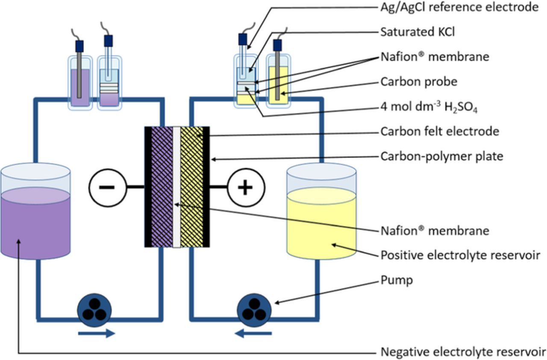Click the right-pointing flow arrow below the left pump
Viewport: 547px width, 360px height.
pos(97,333)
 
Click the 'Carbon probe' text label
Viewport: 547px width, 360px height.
pos(413,81)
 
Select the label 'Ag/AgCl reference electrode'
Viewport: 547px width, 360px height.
pos(459,7)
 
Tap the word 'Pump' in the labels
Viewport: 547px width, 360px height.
pos(397,280)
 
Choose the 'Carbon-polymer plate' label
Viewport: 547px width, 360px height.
pos(441,156)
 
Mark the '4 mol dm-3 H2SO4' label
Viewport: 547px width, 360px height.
pos(429,107)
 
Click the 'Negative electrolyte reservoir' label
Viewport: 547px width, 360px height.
pos(463,352)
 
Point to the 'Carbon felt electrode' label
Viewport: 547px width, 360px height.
pos(440,131)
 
